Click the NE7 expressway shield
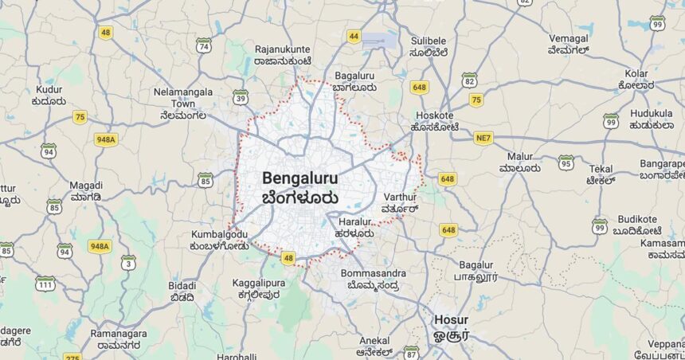[x=483, y=138]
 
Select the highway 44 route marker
[x=354, y=36]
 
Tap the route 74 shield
[x=204, y=45]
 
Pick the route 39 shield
[x=241, y=97]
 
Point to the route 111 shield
[x=45, y=283]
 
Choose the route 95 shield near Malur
[x=566, y=162]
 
